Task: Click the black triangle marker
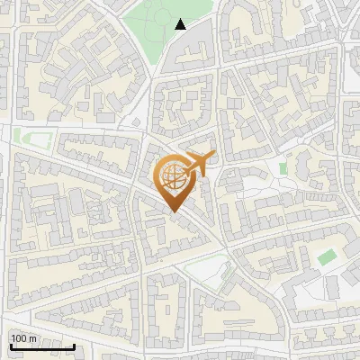click(x=181, y=25)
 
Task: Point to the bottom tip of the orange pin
click(x=173, y=212)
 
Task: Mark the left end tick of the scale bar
click(x=11, y=345)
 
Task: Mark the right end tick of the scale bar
click(x=74, y=345)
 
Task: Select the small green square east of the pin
click(x=283, y=168)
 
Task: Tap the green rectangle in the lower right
click(x=326, y=256)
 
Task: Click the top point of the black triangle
click(x=181, y=20)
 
